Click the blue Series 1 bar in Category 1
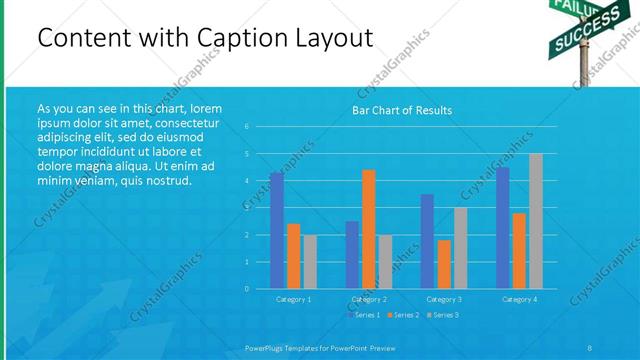pyautogui.click(x=277, y=230)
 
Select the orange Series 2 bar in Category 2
pyautogui.click(x=369, y=229)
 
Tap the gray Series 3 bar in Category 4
pyautogui.click(x=536, y=221)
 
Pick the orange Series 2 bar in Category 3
pyautogui.click(x=444, y=264)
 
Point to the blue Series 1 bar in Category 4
pyautogui.click(x=503, y=227)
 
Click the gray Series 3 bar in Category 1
pyautogui.click(x=310, y=262)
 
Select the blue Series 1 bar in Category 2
pyautogui.click(x=352, y=255)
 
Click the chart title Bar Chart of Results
pyautogui.click(x=402, y=110)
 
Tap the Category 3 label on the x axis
pyautogui.click(x=443, y=299)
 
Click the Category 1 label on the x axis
pyautogui.click(x=294, y=299)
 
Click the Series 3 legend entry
pyautogui.click(x=442, y=315)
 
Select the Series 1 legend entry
pyautogui.click(x=364, y=315)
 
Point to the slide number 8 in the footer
pyautogui.click(x=590, y=347)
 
